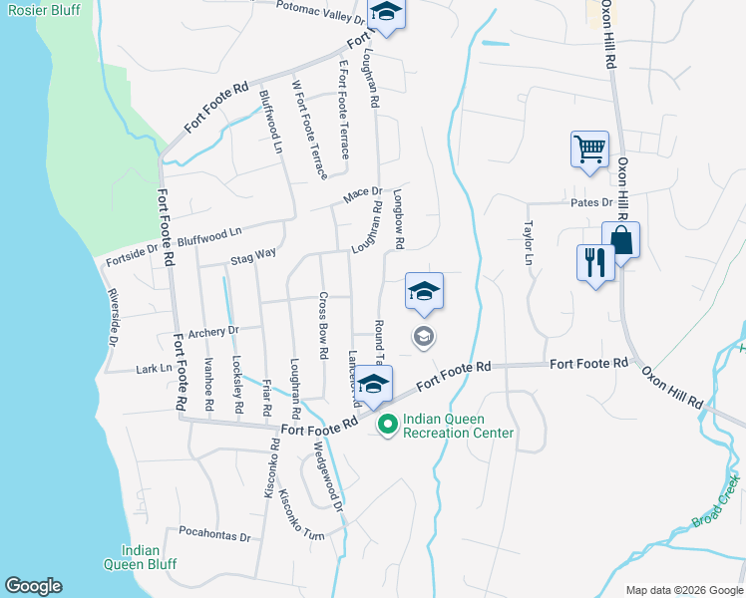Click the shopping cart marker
click(x=589, y=150)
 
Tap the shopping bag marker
click(x=620, y=240)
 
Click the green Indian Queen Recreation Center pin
click(x=386, y=426)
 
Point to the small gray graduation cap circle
click(x=423, y=338)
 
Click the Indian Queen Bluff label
click(x=148, y=557)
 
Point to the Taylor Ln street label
click(x=531, y=242)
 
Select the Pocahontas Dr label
click(x=214, y=536)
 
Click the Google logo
click(x=33, y=586)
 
